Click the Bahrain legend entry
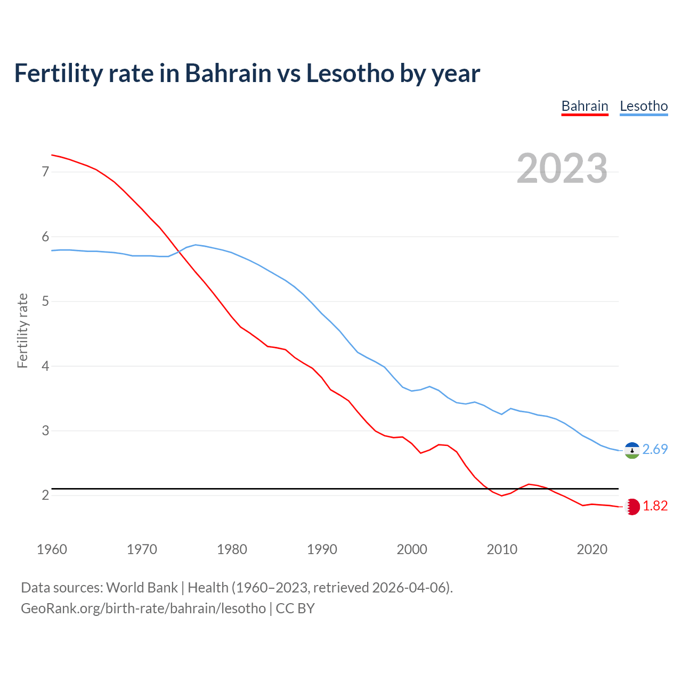tap(584, 106)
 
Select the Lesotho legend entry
tap(644, 106)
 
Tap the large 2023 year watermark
tap(562, 168)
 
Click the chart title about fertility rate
tap(247, 73)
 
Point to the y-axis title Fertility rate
tap(22, 330)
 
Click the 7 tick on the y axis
tap(45, 172)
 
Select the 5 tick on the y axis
tap(45, 302)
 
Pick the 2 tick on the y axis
tap(45, 496)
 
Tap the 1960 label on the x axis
tap(52, 549)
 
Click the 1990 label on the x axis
tap(322, 549)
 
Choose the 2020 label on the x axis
tap(592, 549)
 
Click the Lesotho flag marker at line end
tap(632, 450)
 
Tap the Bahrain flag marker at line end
tap(632, 507)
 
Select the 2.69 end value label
tap(655, 450)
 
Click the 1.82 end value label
tap(655, 506)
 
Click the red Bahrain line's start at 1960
tap(52, 155)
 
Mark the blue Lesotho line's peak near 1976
tap(196, 245)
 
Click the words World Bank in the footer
tap(142, 588)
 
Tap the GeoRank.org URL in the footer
tap(143, 608)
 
